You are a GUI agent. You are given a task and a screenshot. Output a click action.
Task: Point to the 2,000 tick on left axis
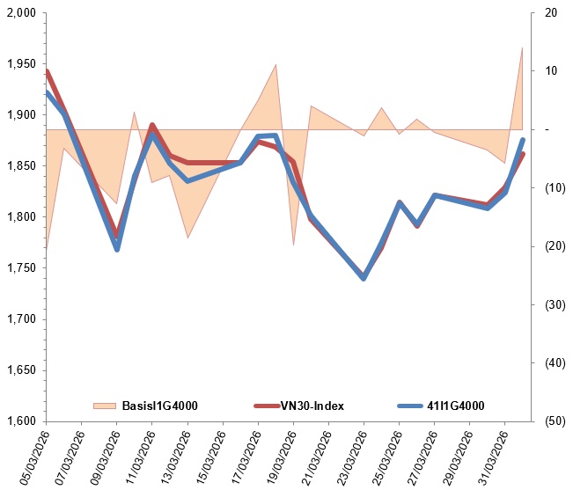coord(21,13)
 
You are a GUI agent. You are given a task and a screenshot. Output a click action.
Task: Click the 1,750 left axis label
coord(21,268)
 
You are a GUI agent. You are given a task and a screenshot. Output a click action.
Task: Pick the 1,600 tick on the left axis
coord(21,421)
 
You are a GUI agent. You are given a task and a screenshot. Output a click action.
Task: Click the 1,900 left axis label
coord(21,114)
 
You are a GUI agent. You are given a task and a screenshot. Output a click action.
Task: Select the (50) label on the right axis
coord(555,421)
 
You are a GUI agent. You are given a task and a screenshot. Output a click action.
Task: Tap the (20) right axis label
coord(555,246)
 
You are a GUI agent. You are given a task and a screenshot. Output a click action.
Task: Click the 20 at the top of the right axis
coord(551,13)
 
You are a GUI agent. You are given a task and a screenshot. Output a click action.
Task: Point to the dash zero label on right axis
coord(547,129)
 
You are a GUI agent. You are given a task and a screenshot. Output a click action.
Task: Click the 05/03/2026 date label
coord(34,457)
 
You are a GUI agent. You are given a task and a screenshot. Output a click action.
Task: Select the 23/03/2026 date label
coord(352,457)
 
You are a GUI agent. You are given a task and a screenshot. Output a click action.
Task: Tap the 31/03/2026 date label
coord(493,457)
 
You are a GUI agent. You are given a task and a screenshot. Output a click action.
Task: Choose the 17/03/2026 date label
coord(246,457)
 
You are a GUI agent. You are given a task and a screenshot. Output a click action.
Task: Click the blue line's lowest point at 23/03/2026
coord(364,279)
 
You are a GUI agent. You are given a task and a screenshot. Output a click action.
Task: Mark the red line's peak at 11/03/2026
coord(152,125)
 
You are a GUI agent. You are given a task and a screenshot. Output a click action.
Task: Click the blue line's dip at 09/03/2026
coord(117,249)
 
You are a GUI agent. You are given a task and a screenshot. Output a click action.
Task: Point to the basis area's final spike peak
coord(522,48)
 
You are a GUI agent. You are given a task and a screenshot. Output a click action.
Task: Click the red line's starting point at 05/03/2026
coord(47,71)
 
